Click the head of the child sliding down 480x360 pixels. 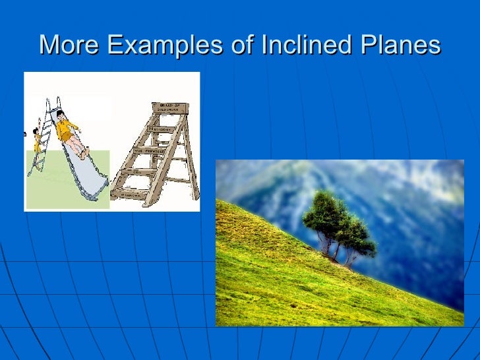click(x=60, y=114)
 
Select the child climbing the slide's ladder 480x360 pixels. click(x=36, y=139)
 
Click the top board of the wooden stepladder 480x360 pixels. click(x=169, y=108)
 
